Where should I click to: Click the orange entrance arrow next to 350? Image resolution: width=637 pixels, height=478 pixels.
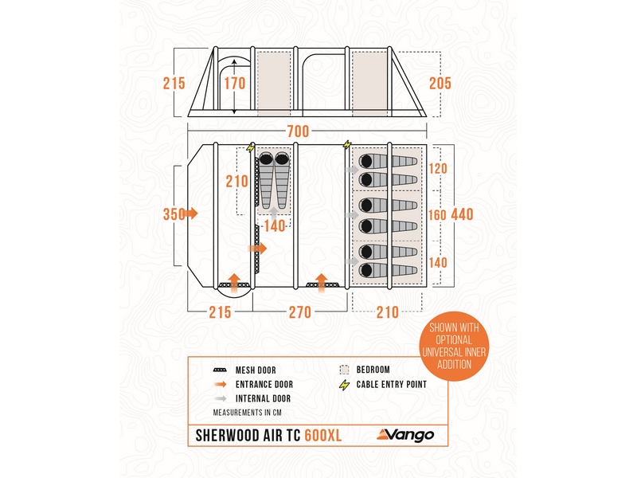coord(193,214)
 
